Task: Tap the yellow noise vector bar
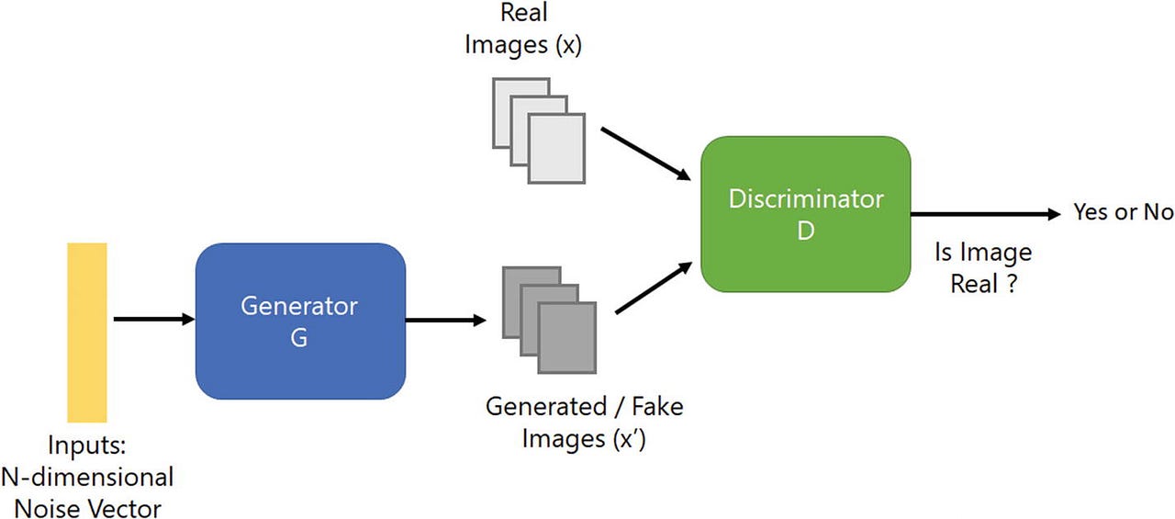(x=87, y=332)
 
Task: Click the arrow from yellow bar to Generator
(x=152, y=320)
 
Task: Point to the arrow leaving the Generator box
(x=445, y=321)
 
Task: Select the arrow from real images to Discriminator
(x=644, y=152)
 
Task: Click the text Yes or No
(x=1123, y=212)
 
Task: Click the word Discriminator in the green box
(x=805, y=198)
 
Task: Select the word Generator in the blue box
(x=299, y=305)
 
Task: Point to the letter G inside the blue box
(x=299, y=337)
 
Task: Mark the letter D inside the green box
(x=805, y=231)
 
